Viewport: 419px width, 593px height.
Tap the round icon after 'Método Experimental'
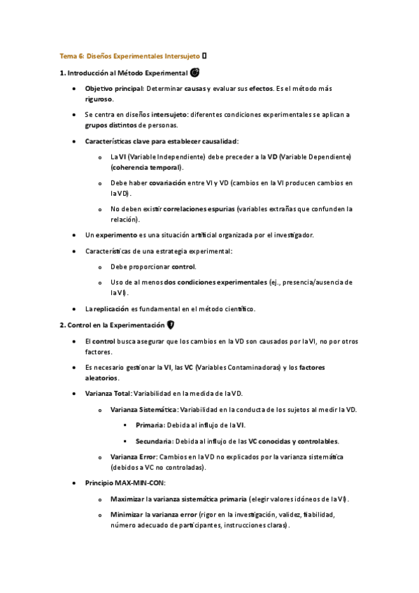point(194,72)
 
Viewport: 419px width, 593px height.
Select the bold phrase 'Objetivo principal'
point(114,90)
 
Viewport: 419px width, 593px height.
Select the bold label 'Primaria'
point(150,425)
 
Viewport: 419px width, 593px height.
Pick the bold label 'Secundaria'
point(154,441)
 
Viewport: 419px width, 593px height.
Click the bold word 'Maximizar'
point(127,499)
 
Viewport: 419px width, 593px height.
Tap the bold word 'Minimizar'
point(126,514)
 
